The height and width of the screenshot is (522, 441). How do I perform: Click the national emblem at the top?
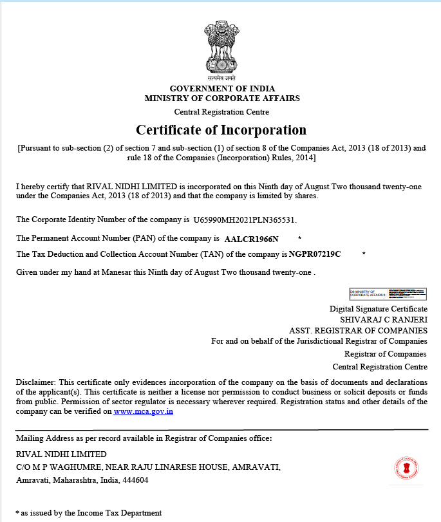click(x=221, y=49)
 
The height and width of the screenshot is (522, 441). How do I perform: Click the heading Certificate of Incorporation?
click(x=221, y=130)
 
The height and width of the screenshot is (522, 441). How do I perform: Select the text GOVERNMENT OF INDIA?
click(x=222, y=88)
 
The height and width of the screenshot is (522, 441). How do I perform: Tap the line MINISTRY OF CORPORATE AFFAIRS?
click(x=222, y=98)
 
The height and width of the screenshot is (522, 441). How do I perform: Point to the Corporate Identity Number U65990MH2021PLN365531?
click(x=245, y=220)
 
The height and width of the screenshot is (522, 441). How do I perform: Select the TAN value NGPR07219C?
click(x=315, y=254)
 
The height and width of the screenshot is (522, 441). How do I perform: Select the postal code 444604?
click(x=135, y=480)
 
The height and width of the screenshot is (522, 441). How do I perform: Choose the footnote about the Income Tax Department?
click(x=89, y=513)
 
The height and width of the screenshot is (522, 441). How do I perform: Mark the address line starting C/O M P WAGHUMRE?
click(x=148, y=467)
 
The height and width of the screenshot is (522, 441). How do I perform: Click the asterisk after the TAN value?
click(x=364, y=254)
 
